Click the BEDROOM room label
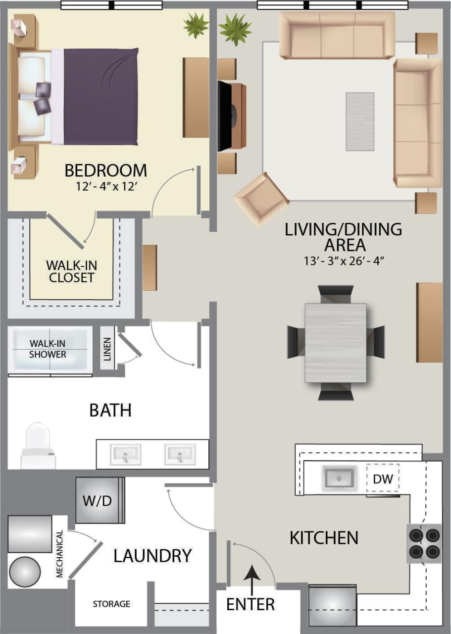106,170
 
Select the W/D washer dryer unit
98,500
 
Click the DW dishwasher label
383,478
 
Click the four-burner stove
424,543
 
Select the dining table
336,342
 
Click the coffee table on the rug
360,121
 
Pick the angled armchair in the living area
261,199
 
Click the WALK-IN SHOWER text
48,349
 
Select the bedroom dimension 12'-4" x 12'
106,188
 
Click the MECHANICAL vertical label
60,554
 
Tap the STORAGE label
112,604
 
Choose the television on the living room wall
225,116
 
